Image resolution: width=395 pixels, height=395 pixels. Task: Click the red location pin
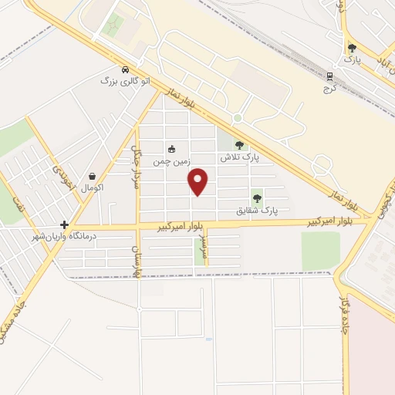[x=199, y=181]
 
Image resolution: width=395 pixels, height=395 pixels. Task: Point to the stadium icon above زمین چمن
[x=171, y=150]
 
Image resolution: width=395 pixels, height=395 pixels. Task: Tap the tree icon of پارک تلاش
[x=239, y=145]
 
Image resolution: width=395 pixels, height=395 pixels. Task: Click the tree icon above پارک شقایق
[x=257, y=198]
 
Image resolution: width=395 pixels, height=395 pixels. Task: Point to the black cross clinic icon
[x=64, y=225]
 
